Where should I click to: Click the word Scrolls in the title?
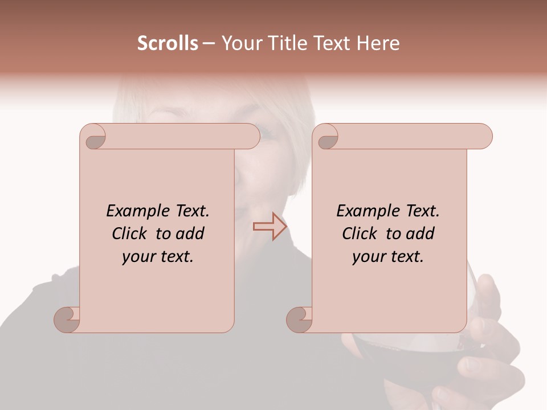[168, 43]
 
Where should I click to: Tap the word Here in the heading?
[378, 43]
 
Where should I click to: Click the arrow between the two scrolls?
[270, 227]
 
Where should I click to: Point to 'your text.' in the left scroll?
[158, 257]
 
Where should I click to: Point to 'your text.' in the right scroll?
[388, 257]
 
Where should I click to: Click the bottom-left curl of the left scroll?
[67, 319]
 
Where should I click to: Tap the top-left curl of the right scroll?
[326, 137]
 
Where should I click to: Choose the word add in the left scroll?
[190, 233]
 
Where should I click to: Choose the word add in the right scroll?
[421, 233]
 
